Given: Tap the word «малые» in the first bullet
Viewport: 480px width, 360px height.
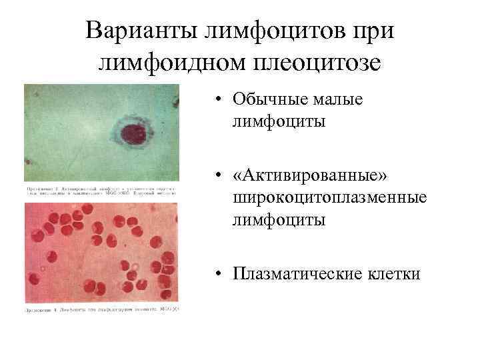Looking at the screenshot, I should coord(339,100).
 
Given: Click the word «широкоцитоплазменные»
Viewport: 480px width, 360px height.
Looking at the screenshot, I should coord(329,197).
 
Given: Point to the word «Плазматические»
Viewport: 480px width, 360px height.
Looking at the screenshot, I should coord(294,273).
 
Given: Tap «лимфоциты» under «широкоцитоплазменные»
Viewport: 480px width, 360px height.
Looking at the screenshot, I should coord(279,220).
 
